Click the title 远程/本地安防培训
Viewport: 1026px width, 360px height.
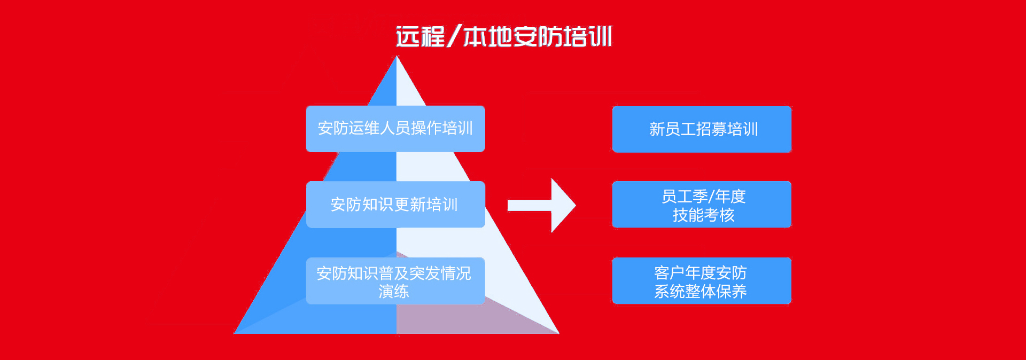click(x=504, y=36)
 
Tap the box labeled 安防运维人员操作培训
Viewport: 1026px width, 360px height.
click(x=395, y=129)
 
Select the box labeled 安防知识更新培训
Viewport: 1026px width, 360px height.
click(x=395, y=205)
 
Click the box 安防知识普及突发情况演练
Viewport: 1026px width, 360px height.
click(x=395, y=281)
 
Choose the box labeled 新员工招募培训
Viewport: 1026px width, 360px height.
click(x=702, y=129)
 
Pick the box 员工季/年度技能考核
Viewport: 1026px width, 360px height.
click(x=702, y=205)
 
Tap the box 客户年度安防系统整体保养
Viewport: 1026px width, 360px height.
click(x=702, y=281)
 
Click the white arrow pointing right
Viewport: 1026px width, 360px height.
click(x=541, y=205)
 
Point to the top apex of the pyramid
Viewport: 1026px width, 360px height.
click(x=397, y=56)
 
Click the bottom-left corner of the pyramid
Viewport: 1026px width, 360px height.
click(x=234, y=334)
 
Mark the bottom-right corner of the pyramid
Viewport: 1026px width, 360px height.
click(x=559, y=334)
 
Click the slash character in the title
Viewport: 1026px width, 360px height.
click(x=454, y=36)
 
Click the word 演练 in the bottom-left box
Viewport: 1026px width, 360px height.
click(x=394, y=292)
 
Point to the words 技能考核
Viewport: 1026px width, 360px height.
click(x=704, y=215)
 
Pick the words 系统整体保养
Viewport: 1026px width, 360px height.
click(x=701, y=292)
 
